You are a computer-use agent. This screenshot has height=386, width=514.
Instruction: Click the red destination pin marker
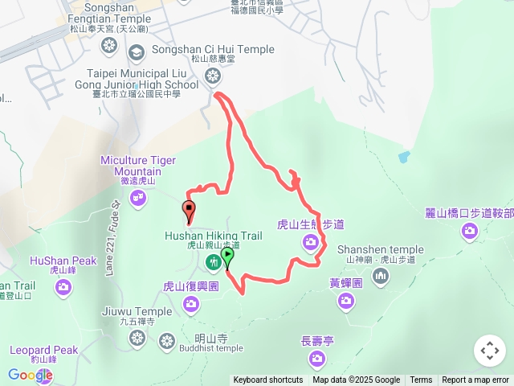pos(190,211)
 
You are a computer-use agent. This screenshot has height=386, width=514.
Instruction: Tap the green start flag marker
pos(227,257)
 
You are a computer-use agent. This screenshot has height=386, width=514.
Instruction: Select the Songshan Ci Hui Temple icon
pos(213,76)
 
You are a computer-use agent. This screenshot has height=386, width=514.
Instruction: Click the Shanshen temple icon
pos(380,277)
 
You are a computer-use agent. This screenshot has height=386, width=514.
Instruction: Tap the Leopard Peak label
pos(44,351)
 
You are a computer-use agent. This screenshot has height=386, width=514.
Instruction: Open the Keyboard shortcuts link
pos(268,380)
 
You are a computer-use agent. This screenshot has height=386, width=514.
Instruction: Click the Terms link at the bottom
pos(421,380)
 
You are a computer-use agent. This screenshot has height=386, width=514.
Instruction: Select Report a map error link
pos(475,380)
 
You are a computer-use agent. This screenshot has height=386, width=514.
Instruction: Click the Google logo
pos(30,376)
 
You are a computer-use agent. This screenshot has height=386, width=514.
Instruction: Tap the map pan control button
pos(490,351)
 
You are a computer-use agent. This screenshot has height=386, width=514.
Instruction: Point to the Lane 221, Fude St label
pos(112,238)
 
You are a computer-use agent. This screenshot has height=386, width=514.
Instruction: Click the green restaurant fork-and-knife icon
pos(214,261)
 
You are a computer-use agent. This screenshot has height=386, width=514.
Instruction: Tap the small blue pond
pos(403,157)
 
